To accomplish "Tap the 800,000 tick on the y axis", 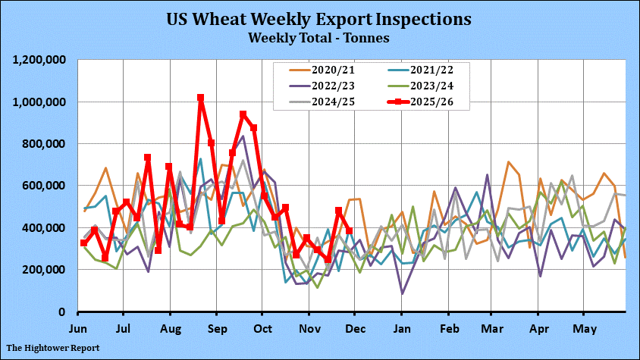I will tap(46, 144).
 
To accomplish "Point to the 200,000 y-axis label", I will tap(46, 270).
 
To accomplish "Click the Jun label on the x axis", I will tap(78, 329).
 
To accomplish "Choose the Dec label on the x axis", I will tap(355, 329).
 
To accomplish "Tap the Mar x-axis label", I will tap(492, 329).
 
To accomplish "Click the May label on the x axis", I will tap(583, 329).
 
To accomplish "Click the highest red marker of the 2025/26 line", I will tap(201, 98).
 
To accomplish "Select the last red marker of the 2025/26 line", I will tap(349, 231).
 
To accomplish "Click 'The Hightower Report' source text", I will tap(53, 349).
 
